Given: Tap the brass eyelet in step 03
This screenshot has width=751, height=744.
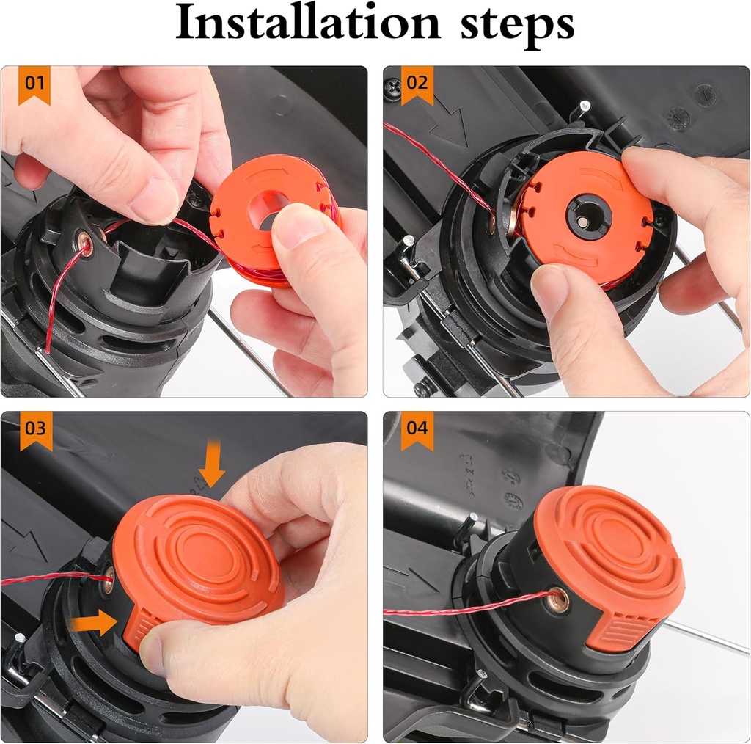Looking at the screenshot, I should coord(109,577).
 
